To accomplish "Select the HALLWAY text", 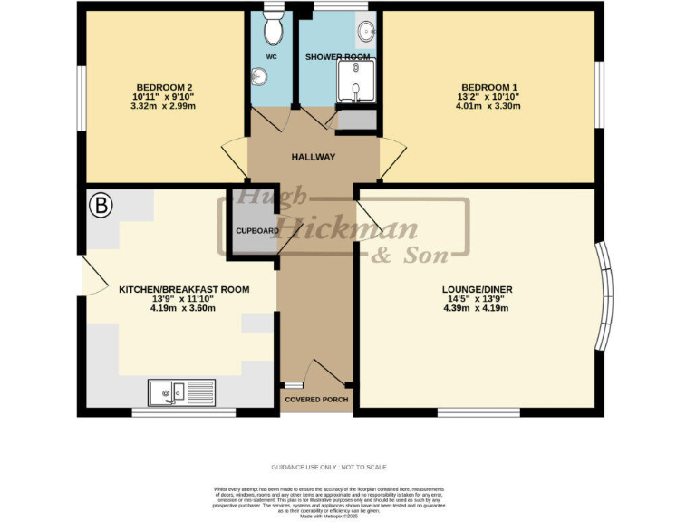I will click(314, 158).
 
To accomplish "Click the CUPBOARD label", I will click(257, 231).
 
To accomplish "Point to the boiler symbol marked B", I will click(101, 206).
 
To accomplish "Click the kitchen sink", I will click(181, 391).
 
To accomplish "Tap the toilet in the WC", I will click(271, 31).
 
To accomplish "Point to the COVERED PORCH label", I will click(314, 400).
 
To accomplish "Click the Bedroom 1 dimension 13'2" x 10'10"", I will click(488, 97).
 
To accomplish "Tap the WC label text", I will click(271, 57).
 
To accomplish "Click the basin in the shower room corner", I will click(365, 32).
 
